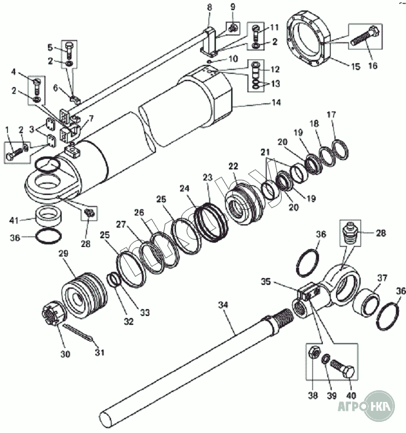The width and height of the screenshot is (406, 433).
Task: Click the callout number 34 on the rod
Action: pos(222,305)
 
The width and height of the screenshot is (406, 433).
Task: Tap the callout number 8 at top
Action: pos(210,7)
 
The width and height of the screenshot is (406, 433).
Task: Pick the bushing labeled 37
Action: pos(367,304)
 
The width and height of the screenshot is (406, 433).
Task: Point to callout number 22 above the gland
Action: pos(233,166)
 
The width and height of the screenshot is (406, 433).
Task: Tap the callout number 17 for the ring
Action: pos(331,115)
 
